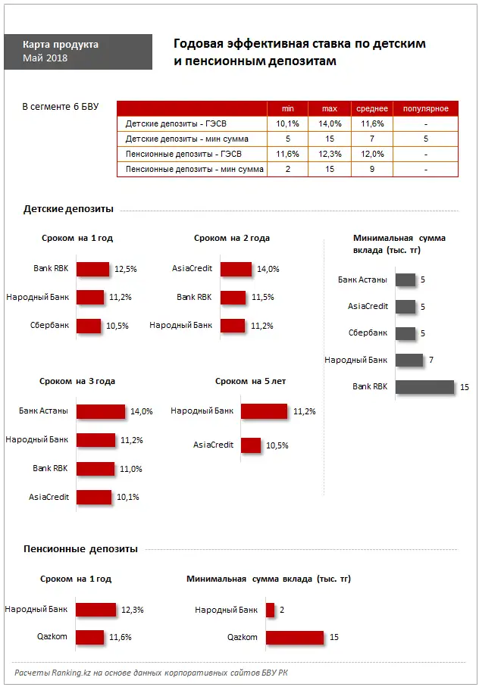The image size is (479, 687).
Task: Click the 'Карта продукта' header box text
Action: [x=61, y=45]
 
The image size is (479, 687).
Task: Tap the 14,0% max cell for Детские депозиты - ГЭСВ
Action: [x=330, y=123]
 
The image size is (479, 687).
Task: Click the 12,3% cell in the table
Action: [x=330, y=154]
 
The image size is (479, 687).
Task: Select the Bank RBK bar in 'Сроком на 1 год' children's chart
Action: [x=93, y=269]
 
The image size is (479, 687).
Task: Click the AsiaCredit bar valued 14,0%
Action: [x=236, y=269]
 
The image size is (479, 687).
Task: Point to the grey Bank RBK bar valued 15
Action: [x=424, y=387]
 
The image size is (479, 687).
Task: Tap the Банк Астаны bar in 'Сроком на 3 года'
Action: [x=101, y=411]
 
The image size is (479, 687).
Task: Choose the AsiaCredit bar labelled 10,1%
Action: [x=94, y=498]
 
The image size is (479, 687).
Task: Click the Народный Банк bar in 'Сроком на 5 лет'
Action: [x=265, y=411]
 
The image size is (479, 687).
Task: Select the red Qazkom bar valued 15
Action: [x=295, y=638]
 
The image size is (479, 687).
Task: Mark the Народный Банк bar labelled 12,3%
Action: [x=96, y=610]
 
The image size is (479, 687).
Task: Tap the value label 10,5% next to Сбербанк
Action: [x=117, y=326]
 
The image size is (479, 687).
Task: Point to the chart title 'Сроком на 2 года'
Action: [x=231, y=238]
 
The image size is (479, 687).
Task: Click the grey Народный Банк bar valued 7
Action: [x=409, y=360]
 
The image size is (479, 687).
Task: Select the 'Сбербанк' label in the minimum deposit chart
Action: [x=368, y=333]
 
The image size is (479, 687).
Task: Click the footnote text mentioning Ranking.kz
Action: [x=151, y=673]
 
